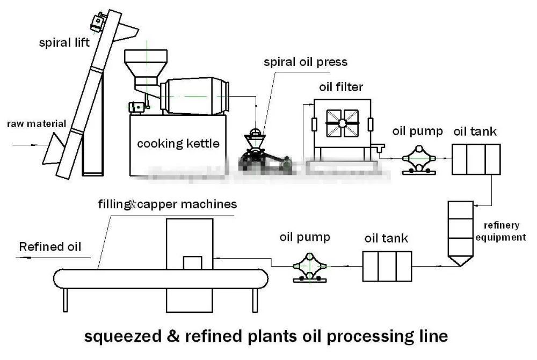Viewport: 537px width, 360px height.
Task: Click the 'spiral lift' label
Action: [64, 43]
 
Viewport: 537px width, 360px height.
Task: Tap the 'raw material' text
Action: [37, 124]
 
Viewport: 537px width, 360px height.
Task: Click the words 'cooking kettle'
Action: [178, 143]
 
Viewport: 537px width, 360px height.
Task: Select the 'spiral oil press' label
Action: [305, 62]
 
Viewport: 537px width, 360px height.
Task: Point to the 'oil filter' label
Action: [341, 86]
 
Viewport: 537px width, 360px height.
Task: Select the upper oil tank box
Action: [476, 159]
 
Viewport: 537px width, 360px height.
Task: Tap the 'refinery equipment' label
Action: [504, 231]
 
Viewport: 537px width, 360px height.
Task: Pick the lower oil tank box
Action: [387, 266]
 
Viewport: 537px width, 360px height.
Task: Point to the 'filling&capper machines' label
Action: [167, 204]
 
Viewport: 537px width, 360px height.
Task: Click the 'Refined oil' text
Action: [50, 247]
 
